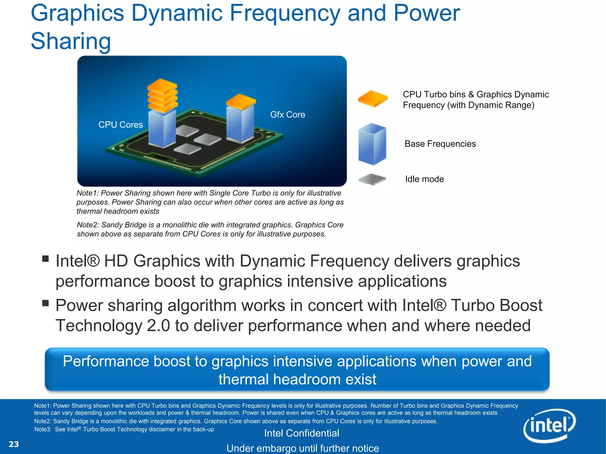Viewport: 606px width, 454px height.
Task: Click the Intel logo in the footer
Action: pyautogui.click(x=549, y=426)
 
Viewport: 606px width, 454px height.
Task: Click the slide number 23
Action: pyautogui.click(x=14, y=444)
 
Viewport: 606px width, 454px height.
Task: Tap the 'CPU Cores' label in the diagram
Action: pyautogui.click(x=120, y=125)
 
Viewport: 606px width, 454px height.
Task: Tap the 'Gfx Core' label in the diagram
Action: pyautogui.click(x=287, y=115)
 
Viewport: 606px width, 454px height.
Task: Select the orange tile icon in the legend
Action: pyautogui.click(x=373, y=99)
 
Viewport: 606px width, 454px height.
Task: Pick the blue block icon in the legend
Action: pyautogui.click(x=372, y=144)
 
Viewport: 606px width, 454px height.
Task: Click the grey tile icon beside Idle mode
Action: pyautogui.click(x=372, y=179)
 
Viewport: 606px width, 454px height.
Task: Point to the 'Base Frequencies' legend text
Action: pyautogui.click(x=440, y=144)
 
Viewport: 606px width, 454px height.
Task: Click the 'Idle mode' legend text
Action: pyautogui.click(x=424, y=179)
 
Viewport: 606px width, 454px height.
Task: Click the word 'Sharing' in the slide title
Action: pyautogui.click(x=71, y=41)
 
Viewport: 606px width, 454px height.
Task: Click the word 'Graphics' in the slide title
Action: pyautogui.click(x=77, y=13)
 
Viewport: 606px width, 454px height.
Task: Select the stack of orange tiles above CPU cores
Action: pyautogui.click(x=162, y=95)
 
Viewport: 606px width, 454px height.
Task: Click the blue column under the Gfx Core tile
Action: pyautogui.click(x=240, y=124)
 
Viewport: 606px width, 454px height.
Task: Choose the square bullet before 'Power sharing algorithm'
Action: pyautogui.click(x=45, y=303)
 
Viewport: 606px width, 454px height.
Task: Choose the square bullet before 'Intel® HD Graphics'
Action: pyautogui.click(x=45, y=259)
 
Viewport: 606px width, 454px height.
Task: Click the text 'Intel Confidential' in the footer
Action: pyautogui.click(x=302, y=433)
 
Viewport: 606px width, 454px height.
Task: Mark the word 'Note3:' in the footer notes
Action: pyautogui.click(x=43, y=429)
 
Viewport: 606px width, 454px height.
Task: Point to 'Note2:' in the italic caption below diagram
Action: pyautogui.click(x=88, y=225)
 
